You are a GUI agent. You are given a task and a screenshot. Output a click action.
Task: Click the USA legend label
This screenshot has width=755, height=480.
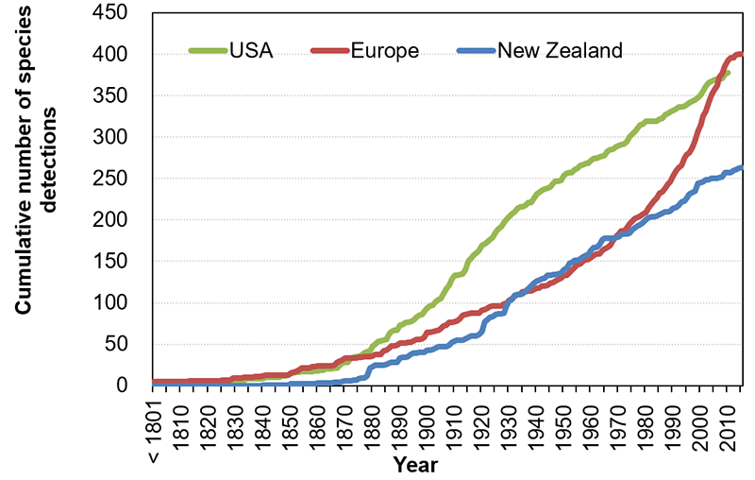(x=251, y=51)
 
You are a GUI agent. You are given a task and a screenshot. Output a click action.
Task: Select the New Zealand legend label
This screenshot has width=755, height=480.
(x=560, y=51)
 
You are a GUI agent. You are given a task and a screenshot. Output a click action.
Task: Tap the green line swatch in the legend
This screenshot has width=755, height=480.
(x=208, y=51)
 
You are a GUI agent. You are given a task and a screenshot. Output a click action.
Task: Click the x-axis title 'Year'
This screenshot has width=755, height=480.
(x=415, y=465)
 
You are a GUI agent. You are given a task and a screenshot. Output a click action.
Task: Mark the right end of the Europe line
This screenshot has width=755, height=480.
(x=741, y=54)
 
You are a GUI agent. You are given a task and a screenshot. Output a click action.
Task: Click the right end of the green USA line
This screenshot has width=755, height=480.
(x=728, y=73)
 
